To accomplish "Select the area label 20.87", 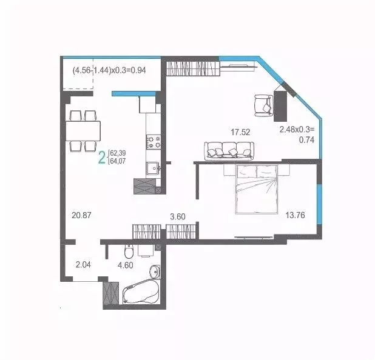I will tap(81, 214).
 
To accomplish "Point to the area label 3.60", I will tap(178, 216).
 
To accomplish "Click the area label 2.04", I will tap(83, 264).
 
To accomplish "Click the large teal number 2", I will tap(101, 158).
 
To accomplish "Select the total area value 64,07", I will tap(118, 161).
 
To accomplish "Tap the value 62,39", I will tap(118, 153).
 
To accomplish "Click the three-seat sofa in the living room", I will tap(228, 150).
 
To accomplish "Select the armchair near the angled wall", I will tap(263, 104).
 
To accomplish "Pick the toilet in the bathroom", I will tap(127, 252).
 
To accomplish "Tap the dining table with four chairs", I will tap(83, 130).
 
